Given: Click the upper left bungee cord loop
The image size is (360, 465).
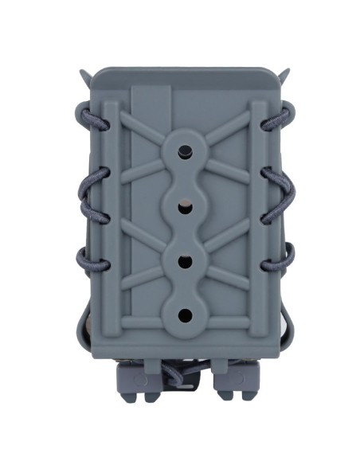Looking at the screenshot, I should coord(85,115).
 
